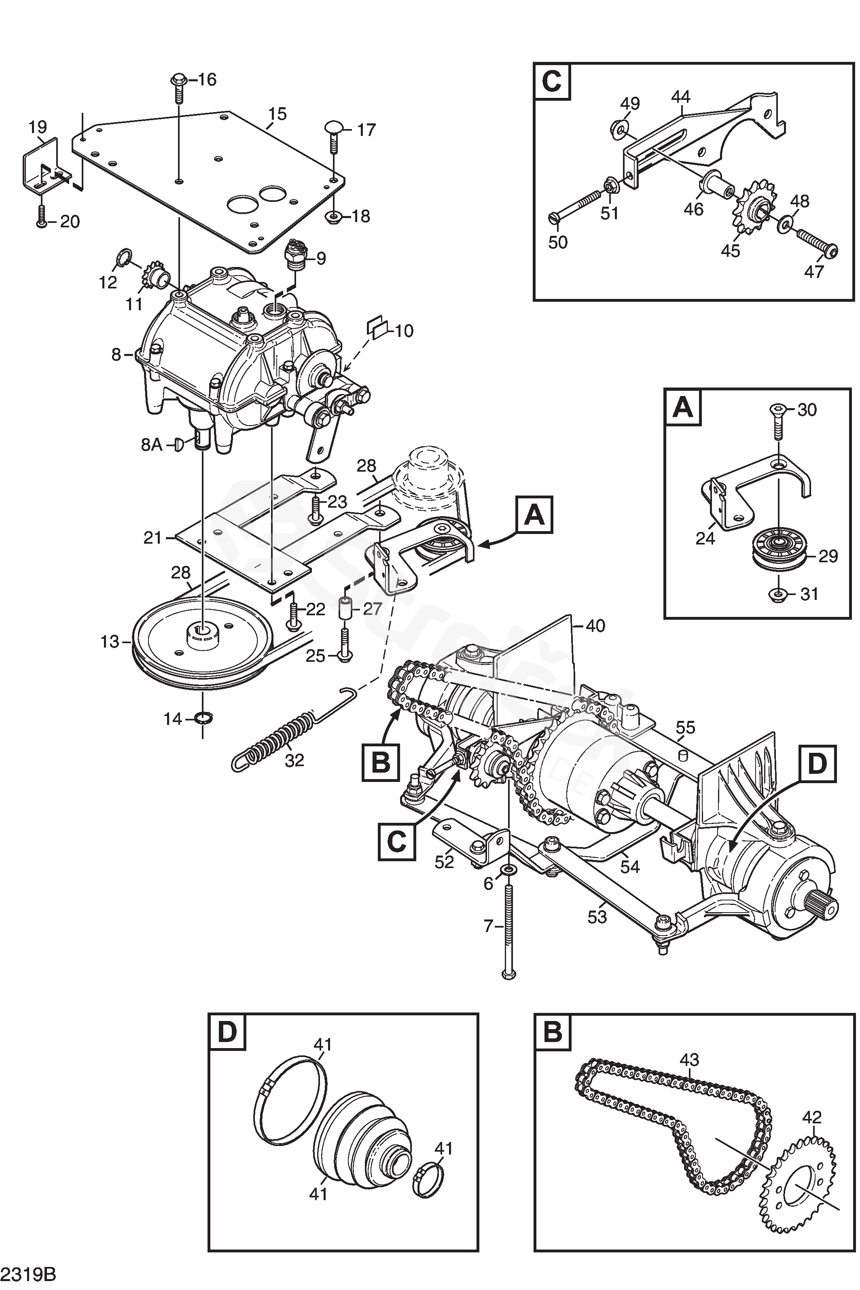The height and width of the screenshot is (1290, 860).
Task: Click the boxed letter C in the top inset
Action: coord(551,81)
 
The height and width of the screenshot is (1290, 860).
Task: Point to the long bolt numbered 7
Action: coord(507,927)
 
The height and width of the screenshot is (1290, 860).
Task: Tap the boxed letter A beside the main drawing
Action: coord(534,515)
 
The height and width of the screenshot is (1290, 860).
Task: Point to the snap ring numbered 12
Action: coord(124,256)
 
